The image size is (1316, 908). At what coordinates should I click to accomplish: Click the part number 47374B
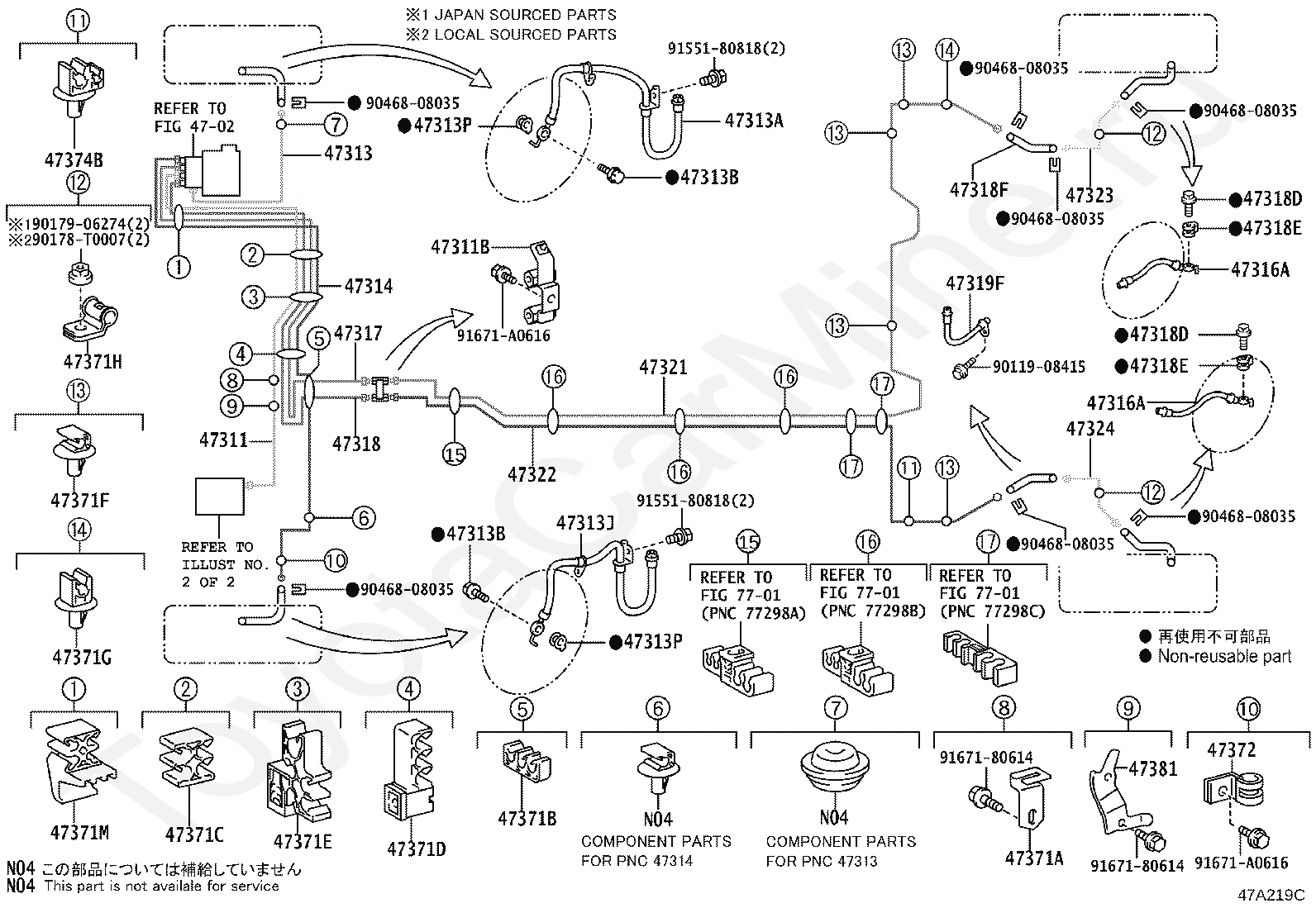pos(74,160)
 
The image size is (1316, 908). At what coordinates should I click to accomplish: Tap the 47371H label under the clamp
pos(93,362)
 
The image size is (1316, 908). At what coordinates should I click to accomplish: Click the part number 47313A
pos(754,121)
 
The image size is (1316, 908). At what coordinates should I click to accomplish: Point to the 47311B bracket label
pos(460,247)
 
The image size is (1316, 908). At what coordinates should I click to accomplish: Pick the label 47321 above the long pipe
pos(663,368)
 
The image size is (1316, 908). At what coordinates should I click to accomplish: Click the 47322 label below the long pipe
pos(532,474)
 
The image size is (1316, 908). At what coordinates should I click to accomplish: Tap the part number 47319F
pos(975,283)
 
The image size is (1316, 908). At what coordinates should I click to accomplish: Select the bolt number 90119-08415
pos(1039,367)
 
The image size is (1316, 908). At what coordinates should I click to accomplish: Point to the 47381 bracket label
pos(1153,769)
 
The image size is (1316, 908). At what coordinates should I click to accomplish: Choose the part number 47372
pos(1232,750)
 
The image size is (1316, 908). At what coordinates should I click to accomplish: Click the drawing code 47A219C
pos(1271,895)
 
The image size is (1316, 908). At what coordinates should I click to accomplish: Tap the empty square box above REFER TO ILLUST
pos(219,497)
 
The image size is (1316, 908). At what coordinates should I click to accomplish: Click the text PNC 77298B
pos(873,611)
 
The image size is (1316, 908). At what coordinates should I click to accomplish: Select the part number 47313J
pos(585,523)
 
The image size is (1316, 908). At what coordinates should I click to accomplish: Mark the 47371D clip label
pos(416,849)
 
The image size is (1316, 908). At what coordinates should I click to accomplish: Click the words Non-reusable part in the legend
pos(1224,657)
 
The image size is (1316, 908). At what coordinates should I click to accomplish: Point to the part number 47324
pos(1090,430)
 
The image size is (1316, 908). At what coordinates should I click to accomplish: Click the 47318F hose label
pos(979,190)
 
